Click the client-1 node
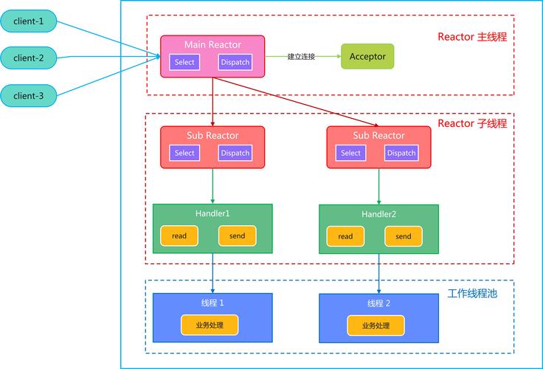pyautogui.click(x=29, y=21)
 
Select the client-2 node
pyautogui.click(x=29, y=58)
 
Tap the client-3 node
pyautogui.click(x=29, y=94)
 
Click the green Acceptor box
pyautogui.click(x=367, y=57)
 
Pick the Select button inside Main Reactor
pyautogui.click(x=184, y=63)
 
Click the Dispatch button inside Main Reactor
pyautogui.click(x=235, y=63)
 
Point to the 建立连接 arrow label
pyautogui.click(x=301, y=57)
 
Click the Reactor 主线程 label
pyautogui.click(x=472, y=37)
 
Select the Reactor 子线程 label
pyautogui.click(x=472, y=123)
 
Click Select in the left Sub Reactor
pyautogui.click(x=184, y=153)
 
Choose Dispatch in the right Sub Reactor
pyautogui.click(x=401, y=153)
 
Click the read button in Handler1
pyautogui.click(x=179, y=236)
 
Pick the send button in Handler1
pyautogui.click(x=237, y=236)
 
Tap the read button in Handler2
pyautogui.click(x=345, y=237)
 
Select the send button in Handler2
pyautogui.click(x=403, y=237)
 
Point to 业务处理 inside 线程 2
pyautogui.click(x=376, y=325)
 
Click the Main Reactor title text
pyautogui.click(x=212, y=45)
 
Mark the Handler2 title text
pyautogui.click(x=378, y=214)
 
